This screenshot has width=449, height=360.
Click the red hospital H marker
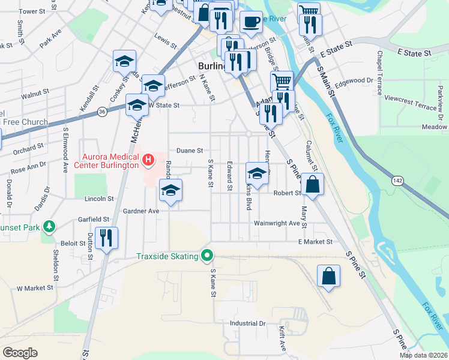pyautogui.click(x=148, y=160)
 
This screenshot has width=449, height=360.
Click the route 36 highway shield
pyautogui.click(x=103, y=112)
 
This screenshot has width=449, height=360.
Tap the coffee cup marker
pyautogui.click(x=251, y=22)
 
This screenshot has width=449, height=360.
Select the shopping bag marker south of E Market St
pyautogui.click(x=328, y=276)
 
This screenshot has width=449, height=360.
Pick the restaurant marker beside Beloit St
pyautogui.click(x=107, y=237)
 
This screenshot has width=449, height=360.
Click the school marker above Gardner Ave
pyautogui.click(x=170, y=191)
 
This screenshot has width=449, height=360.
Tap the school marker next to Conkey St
pyautogui.click(x=124, y=61)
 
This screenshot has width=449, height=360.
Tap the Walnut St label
pyautogui.click(x=34, y=94)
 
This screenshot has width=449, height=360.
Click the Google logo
pyautogui.click(x=20, y=352)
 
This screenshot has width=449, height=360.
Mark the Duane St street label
pyautogui.click(x=189, y=151)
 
